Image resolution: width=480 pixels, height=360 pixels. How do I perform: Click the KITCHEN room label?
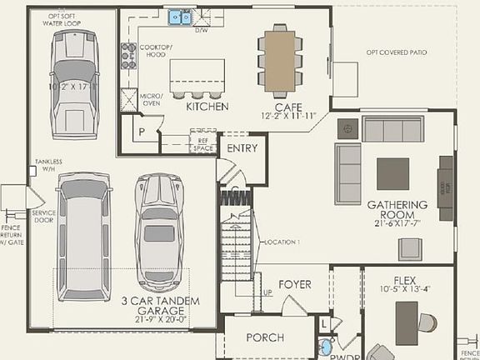click(x=207, y=107)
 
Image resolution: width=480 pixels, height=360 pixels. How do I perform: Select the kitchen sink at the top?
click(x=180, y=17)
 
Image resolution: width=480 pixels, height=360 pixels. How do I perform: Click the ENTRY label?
click(x=242, y=147)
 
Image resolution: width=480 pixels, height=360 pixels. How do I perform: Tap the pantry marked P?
click(x=142, y=132)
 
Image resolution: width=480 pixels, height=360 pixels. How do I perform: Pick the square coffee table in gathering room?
click(x=393, y=173)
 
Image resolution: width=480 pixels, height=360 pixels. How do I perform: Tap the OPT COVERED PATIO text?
click(x=397, y=52)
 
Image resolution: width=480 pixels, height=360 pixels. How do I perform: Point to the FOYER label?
click(x=294, y=284)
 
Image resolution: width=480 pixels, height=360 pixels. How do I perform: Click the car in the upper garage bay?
click(x=73, y=83)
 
